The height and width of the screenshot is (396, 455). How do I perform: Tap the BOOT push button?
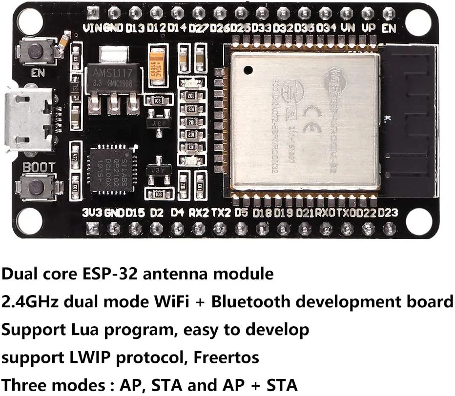[x=35, y=186]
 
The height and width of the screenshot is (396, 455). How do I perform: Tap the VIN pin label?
[x=92, y=28]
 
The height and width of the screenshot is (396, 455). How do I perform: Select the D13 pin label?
[x=135, y=28]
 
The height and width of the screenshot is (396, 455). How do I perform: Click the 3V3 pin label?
[x=92, y=213]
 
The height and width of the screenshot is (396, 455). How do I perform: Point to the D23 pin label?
[x=388, y=213]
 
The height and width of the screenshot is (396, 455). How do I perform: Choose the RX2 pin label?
[x=199, y=213]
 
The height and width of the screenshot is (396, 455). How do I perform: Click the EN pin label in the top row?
[x=389, y=28]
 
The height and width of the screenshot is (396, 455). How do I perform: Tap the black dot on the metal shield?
[x=248, y=70]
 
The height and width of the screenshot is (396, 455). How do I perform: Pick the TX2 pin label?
[x=221, y=213]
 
